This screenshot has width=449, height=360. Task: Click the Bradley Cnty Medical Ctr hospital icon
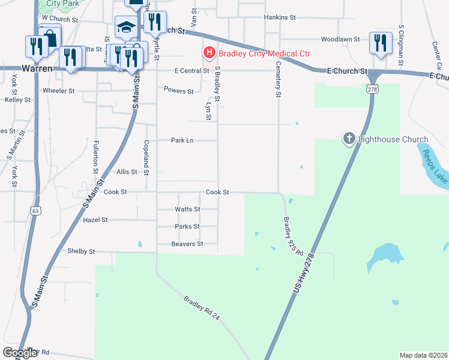click(x=209, y=53)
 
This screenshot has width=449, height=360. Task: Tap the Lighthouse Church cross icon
click(x=349, y=139)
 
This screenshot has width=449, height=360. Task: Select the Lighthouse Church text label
click(x=393, y=140)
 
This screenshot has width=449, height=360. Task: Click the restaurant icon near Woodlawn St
click(x=381, y=42)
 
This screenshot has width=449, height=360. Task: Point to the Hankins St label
click(x=281, y=18)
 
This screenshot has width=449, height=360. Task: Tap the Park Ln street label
click(x=182, y=140)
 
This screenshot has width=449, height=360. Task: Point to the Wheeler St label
click(x=58, y=91)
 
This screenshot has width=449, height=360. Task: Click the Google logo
click(x=20, y=353)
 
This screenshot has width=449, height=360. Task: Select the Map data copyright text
click(x=423, y=355)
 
